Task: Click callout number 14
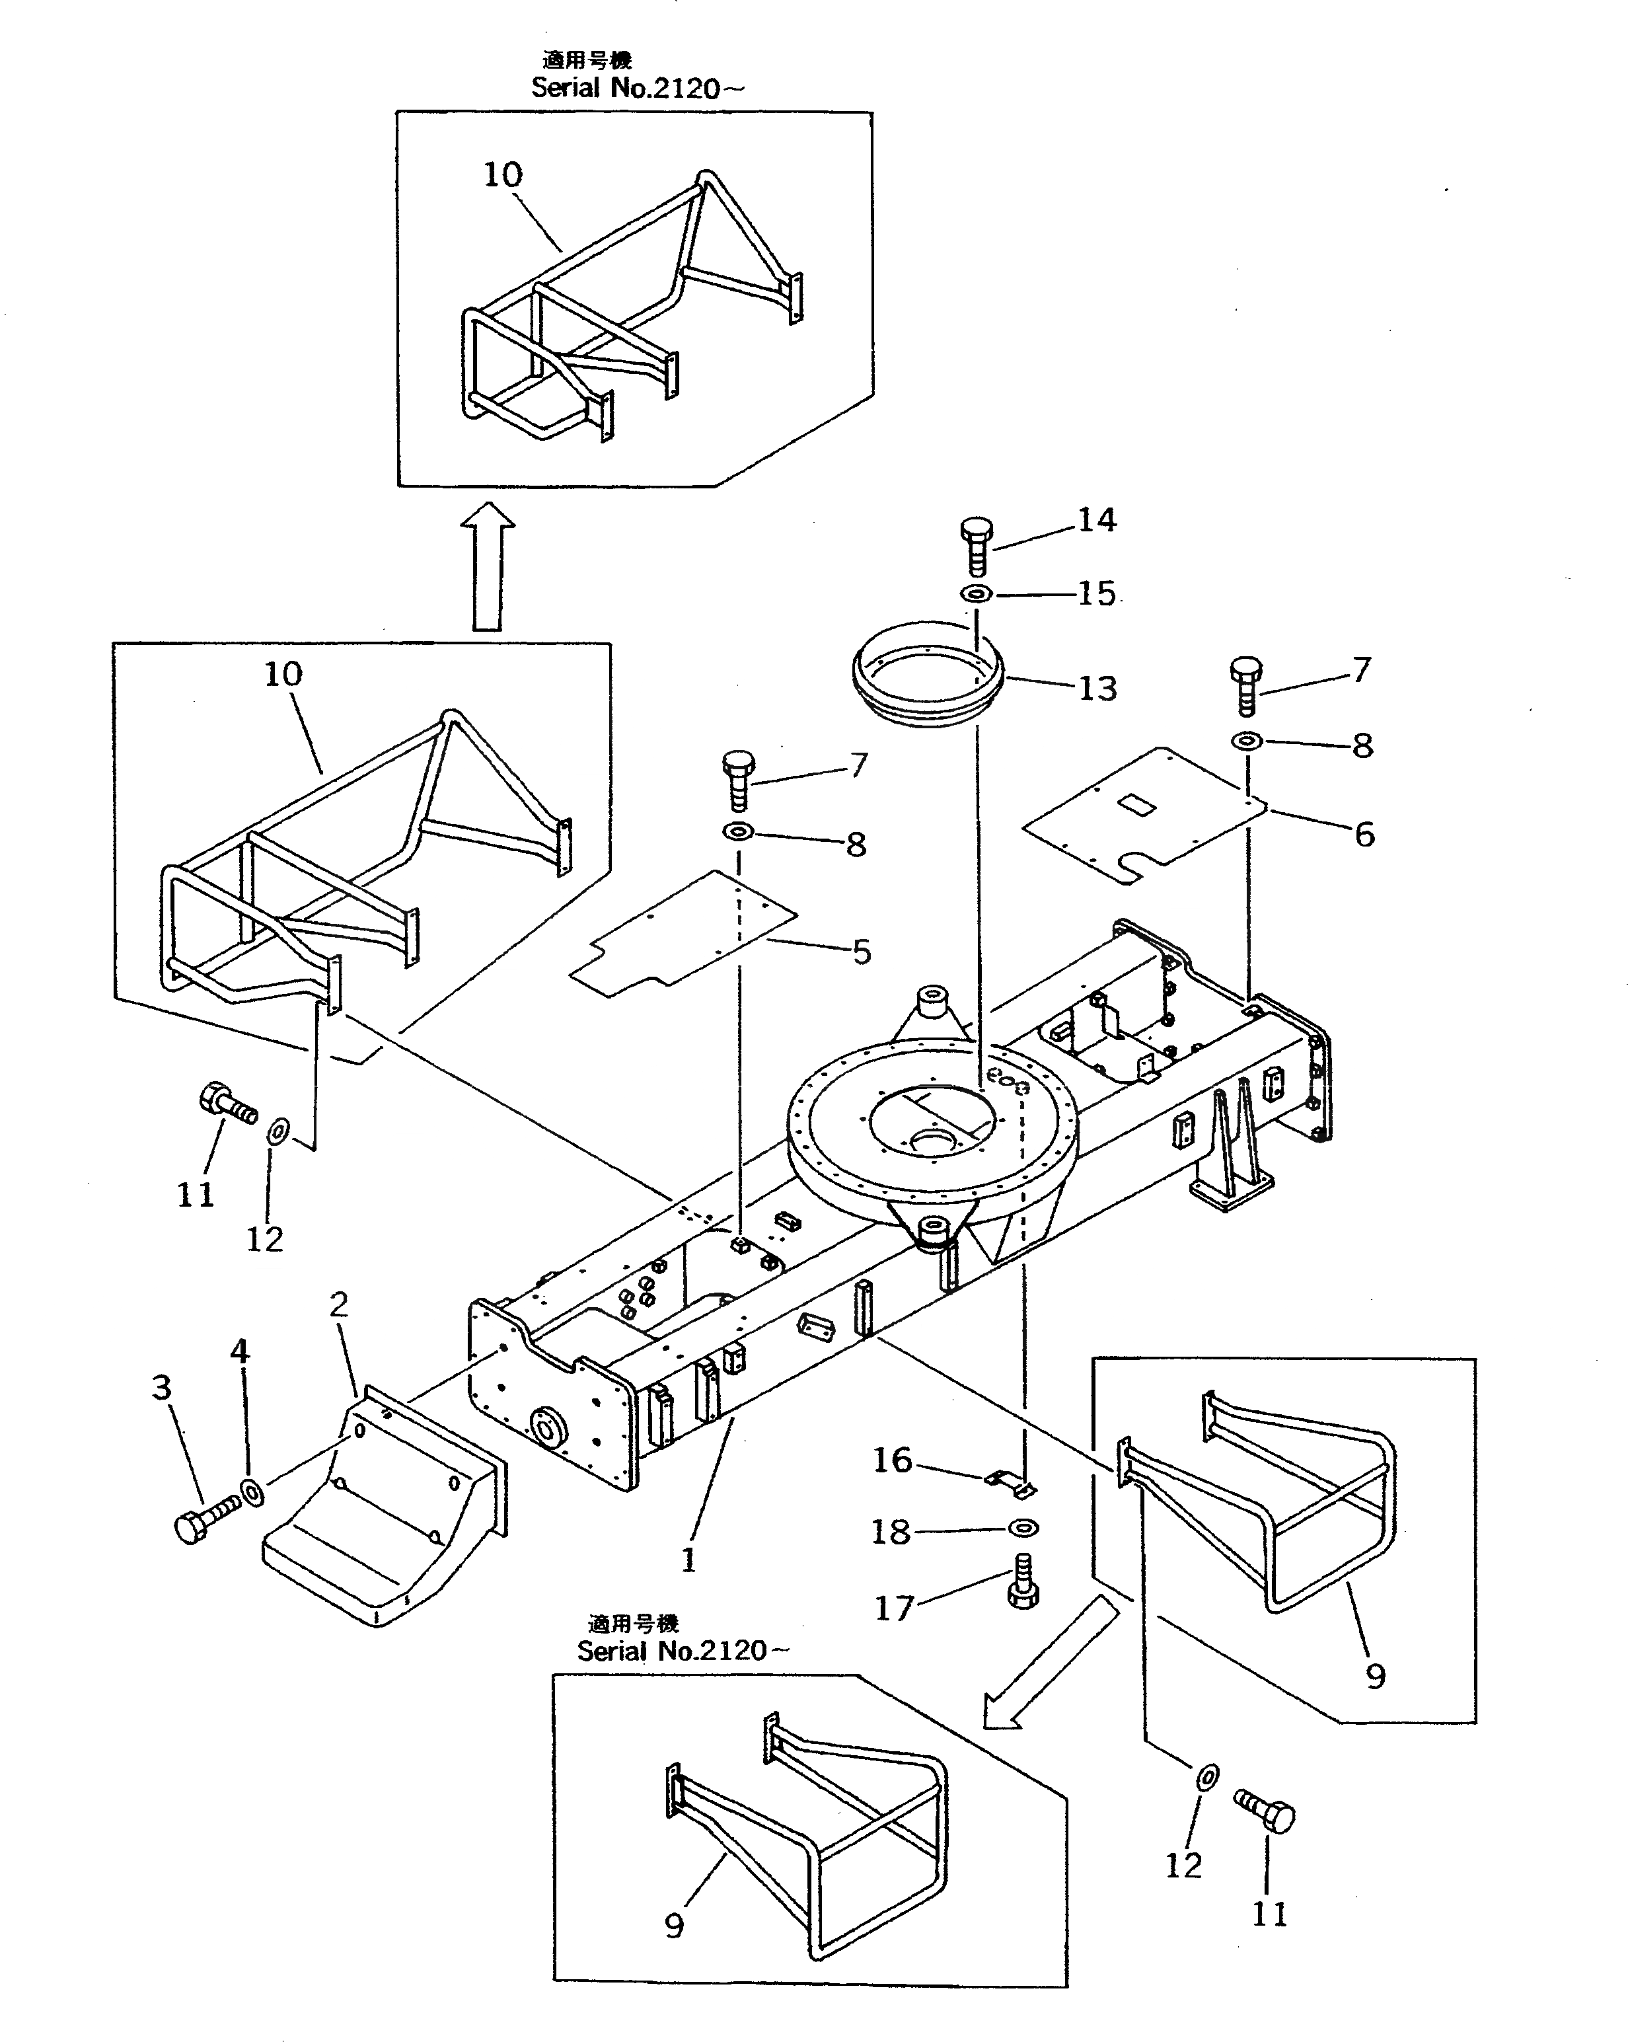1097,520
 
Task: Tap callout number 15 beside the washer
1097,594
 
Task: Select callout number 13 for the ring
1097,689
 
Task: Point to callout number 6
1364,835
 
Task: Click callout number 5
860,952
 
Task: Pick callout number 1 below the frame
688,1559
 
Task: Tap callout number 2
338,1306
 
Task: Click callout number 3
162,1388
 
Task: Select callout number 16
892,1460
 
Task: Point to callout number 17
893,1607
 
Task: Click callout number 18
890,1532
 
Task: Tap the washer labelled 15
977,595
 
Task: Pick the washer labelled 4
253,1493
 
